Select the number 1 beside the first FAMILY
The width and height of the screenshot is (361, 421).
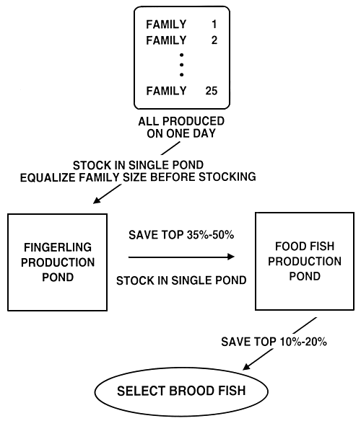(x=214, y=25)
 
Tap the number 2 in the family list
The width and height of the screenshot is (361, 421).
(x=214, y=40)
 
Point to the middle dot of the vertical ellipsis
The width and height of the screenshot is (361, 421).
(x=182, y=64)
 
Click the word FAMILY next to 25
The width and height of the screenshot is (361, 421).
(x=166, y=92)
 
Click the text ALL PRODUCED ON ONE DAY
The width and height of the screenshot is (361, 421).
(x=181, y=127)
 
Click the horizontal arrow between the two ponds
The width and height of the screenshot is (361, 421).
(x=180, y=256)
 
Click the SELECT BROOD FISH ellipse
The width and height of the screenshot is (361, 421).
(x=180, y=392)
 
